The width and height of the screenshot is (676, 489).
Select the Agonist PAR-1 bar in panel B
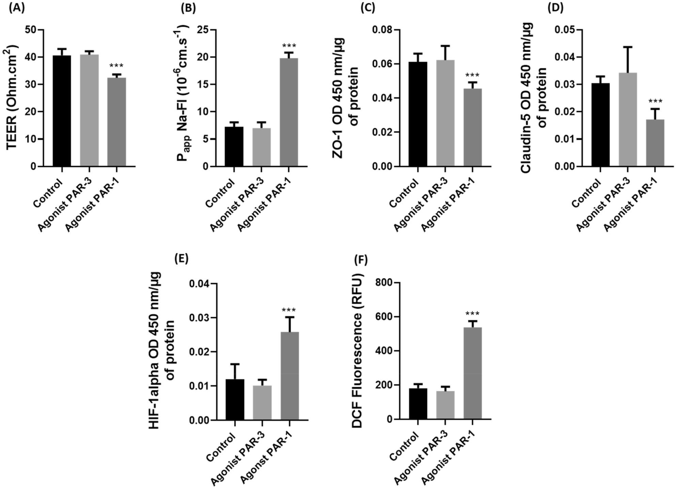289,112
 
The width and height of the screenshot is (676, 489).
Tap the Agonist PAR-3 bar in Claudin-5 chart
628,120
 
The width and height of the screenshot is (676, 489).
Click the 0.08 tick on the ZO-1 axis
381,30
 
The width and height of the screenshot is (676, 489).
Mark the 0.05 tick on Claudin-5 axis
564,30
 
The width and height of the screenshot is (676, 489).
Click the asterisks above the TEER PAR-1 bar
116,66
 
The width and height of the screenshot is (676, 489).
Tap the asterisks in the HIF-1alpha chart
289,310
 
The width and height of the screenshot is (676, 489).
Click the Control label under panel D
585,193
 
